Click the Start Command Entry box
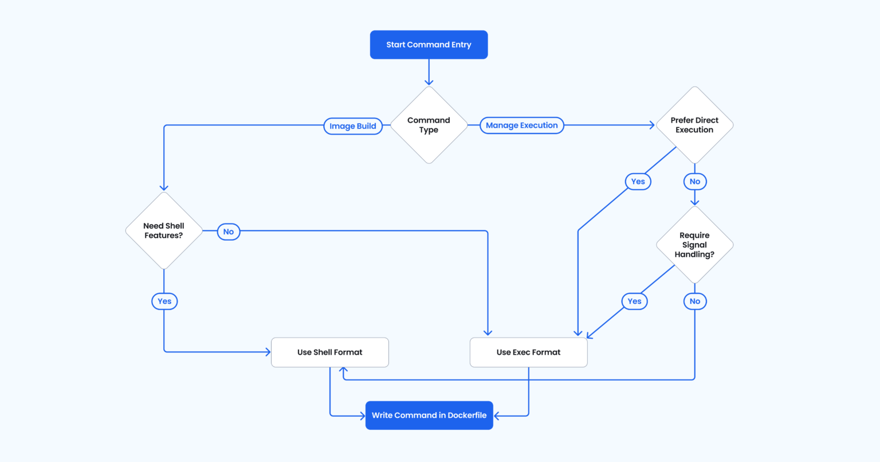click(x=429, y=45)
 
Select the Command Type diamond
click(x=429, y=125)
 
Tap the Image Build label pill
click(x=353, y=126)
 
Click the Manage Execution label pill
click(x=521, y=126)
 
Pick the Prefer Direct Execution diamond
click(x=694, y=125)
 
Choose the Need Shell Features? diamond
click(x=164, y=230)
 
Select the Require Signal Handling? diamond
click(x=694, y=245)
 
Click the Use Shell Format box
click(x=330, y=352)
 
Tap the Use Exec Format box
click(x=528, y=352)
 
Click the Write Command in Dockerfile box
click(x=429, y=416)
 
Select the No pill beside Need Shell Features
click(x=229, y=232)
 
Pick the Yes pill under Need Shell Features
click(x=164, y=301)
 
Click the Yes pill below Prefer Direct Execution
click(x=638, y=182)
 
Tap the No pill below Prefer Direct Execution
click(x=695, y=182)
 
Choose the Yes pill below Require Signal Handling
click(x=634, y=301)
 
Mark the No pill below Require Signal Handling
click(x=695, y=301)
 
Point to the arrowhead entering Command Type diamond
click(x=429, y=83)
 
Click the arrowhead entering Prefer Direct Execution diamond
click(x=651, y=125)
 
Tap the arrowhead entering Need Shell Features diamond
click(x=164, y=187)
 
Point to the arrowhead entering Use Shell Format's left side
click(x=268, y=352)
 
